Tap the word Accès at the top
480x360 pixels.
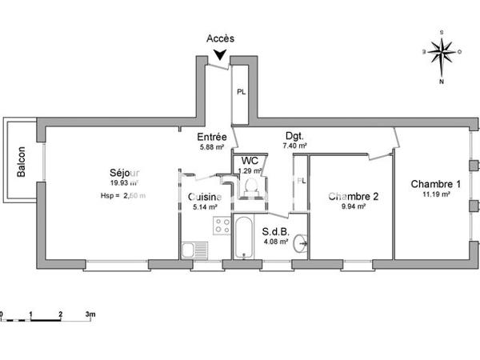[x=220, y=38]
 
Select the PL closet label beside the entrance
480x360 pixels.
[x=240, y=91]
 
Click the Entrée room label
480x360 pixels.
[x=213, y=136]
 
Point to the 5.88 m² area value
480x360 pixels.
[x=213, y=146]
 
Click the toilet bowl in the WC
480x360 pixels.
[x=250, y=186]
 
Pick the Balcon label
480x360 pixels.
[x=22, y=161]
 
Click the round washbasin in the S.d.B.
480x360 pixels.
[x=300, y=242]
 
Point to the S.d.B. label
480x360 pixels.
[x=275, y=233]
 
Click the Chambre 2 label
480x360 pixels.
[x=353, y=196]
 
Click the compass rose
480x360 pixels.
[x=441, y=52]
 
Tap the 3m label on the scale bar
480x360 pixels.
[x=90, y=315]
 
